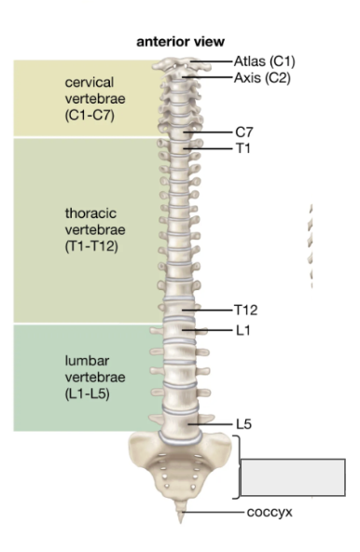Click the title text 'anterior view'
click(x=180, y=42)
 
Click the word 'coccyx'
click(x=268, y=511)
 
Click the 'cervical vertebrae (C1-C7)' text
click(x=90, y=99)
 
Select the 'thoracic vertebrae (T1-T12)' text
click(x=90, y=230)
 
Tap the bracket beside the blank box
click(x=240, y=466)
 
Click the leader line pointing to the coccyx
click(x=213, y=511)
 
